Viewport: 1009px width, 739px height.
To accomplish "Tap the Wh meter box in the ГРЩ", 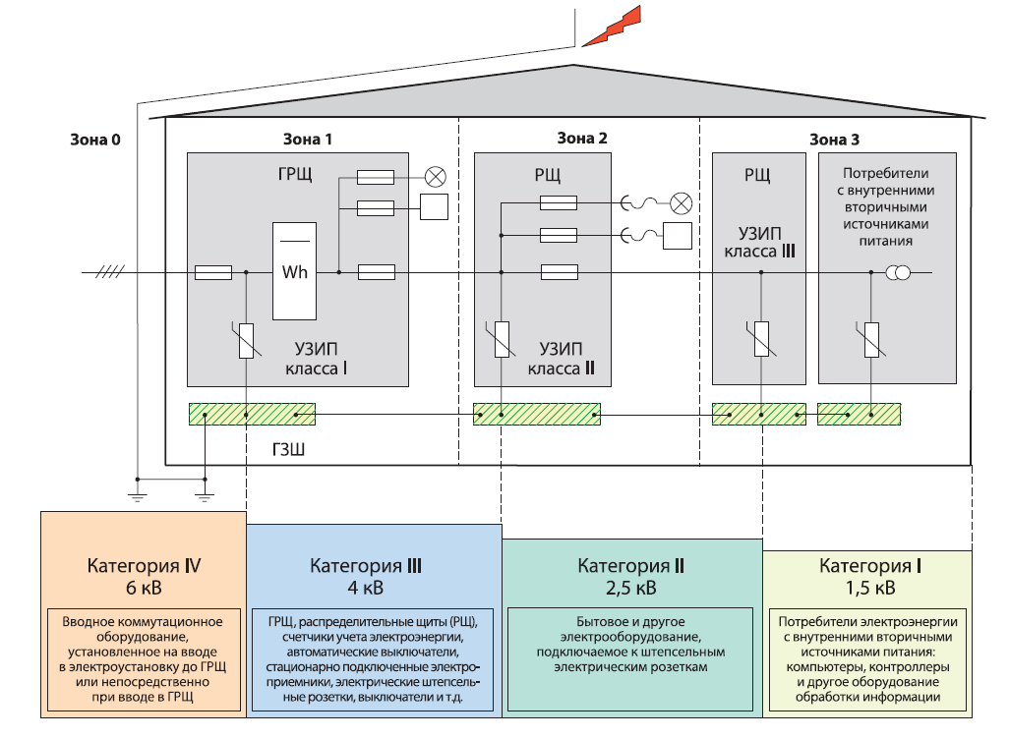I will (x=294, y=271).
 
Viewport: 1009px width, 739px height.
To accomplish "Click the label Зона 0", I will (x=95, y=139).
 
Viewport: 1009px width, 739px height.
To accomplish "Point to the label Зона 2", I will (x=581, y=139).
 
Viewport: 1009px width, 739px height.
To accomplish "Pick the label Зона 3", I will (x=834, y=139).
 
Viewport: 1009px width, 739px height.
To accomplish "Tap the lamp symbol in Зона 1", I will (x=436, y=177).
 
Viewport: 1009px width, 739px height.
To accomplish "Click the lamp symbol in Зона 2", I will (x=680, y=203).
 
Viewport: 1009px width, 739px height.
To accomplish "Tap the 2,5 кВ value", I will (x=630, y=589).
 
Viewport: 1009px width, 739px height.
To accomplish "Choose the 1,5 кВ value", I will (x=870, y=589).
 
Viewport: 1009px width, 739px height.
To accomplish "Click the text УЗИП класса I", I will (x=321, y=359).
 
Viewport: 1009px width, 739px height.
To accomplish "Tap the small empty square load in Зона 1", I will (x=434, y=207).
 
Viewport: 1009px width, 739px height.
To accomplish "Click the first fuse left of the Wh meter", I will (x=213, y=272).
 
